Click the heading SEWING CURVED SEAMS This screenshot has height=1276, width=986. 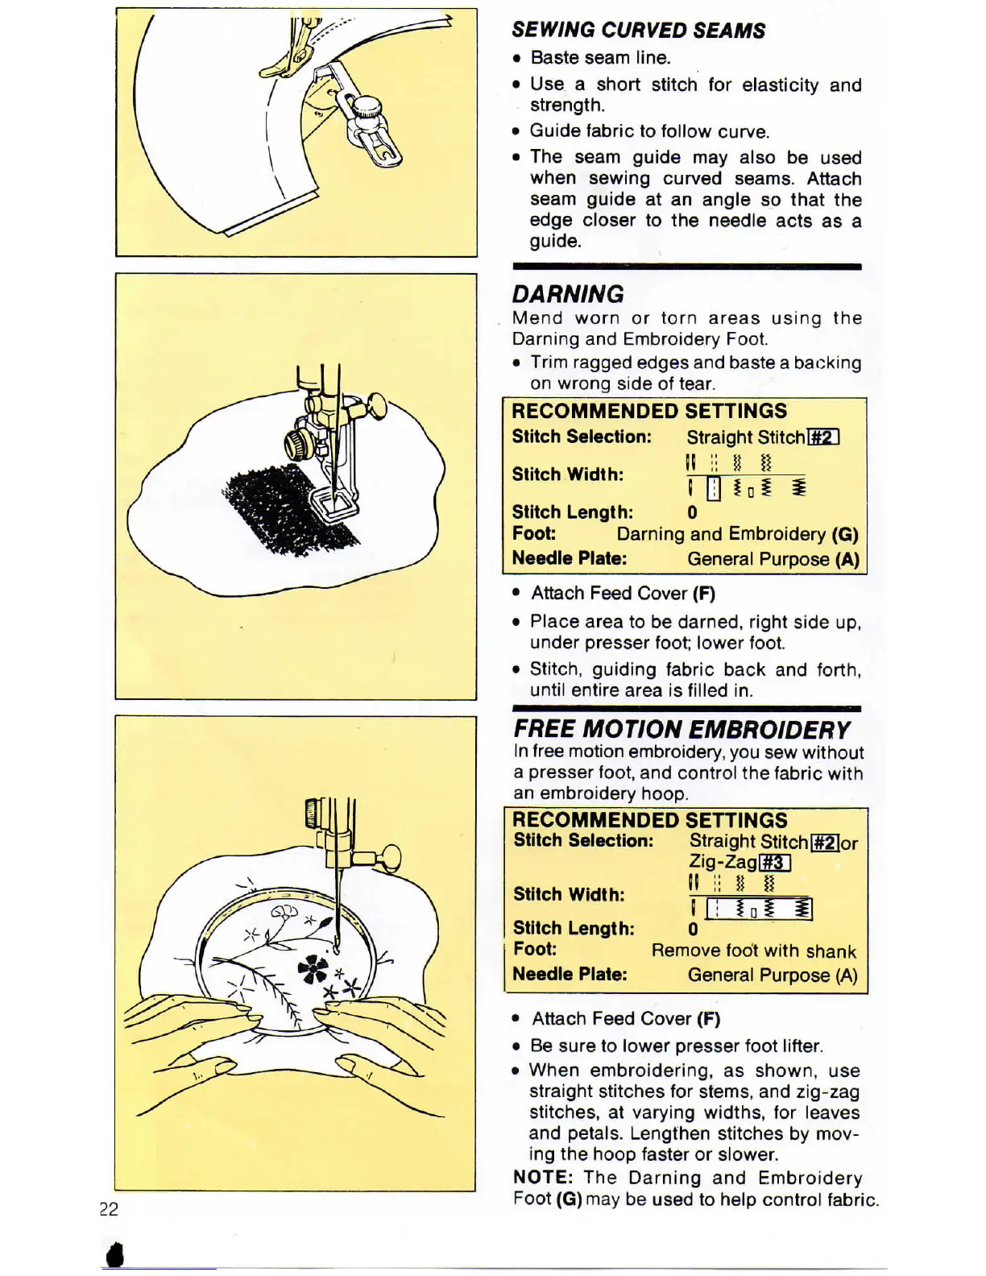click(x=638, y=31)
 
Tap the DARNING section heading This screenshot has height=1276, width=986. click(x=568, y=294)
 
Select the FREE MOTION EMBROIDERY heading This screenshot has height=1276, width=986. click(x=681, y=729)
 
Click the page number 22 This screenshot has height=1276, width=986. click(x=109, y=1208)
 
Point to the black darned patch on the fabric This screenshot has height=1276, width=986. click(x=290, y=512)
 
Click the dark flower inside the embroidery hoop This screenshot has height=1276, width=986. click(x=313, y=968)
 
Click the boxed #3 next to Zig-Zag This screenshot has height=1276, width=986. click(x=773, y=863)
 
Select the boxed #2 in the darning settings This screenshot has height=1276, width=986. click(x=822, y=437)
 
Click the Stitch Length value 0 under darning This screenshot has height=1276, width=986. click(x=692, y=512)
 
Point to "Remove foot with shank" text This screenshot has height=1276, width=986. click(x=753, y=951)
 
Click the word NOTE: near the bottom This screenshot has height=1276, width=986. click(x=543, y=1178)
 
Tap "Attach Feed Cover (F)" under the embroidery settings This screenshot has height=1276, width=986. click(x=626, y=1019)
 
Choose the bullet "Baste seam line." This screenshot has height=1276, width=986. click(x=600, y=58)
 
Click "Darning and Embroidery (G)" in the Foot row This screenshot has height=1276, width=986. click(x=737, y=534)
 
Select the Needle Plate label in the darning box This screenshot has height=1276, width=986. click(x=569, y=558)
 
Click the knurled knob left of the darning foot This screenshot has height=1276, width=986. click(x=296, y=442)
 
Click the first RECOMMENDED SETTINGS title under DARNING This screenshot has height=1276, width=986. click(x=649, y=411)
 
